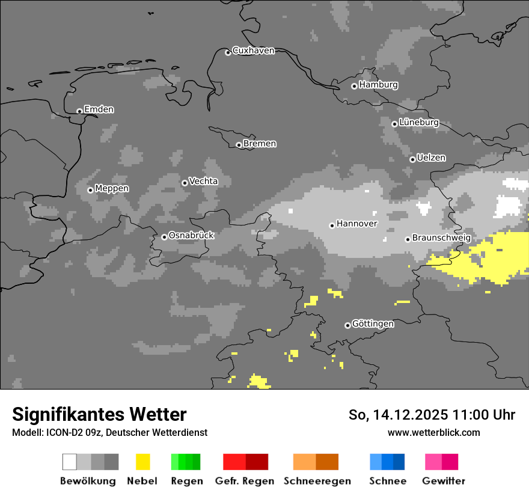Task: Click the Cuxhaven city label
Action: coord(253,51)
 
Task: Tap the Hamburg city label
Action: coord(378,85)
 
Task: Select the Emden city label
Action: coord(99,109)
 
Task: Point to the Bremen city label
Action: coord(260,144)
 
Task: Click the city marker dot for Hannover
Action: coord(332,225)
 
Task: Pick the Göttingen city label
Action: coord(373,324)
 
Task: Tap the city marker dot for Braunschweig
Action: coord(408,239)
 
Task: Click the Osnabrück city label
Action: coord(191,236)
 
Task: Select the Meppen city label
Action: coord(112,189)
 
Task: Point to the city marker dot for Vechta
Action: coord(185,183)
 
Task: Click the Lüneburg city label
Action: coord(418,123)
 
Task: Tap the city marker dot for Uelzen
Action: coord(412,159)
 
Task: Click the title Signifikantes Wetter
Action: coord(99,415)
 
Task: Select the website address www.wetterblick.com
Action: coord(433,432)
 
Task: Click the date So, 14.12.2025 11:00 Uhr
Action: coord(432,415)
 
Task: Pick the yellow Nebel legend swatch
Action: coord(142,462)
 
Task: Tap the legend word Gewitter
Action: coord(443,481)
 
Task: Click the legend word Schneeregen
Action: coord(317,481)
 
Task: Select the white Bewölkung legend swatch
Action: coord(70,462)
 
